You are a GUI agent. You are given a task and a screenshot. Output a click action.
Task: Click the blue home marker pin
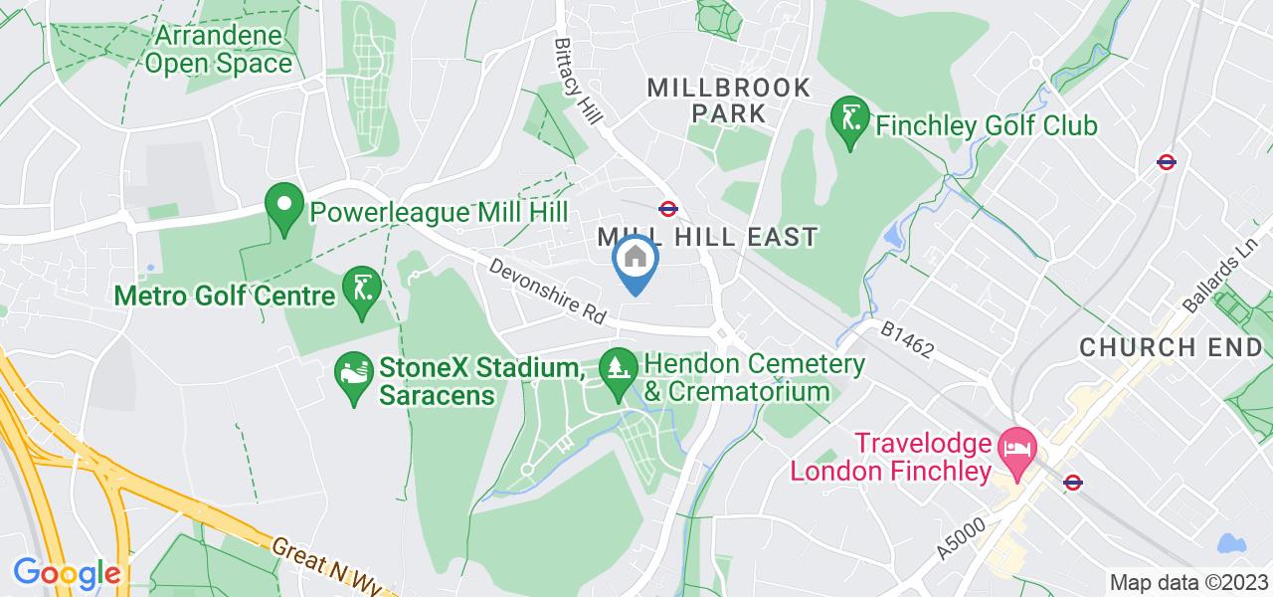point(636,261)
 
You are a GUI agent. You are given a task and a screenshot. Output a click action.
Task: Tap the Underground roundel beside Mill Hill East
point(668,209)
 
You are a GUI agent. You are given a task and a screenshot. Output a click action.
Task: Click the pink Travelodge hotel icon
point(1016,444)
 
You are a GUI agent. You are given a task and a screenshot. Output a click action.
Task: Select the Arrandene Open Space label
point(224,50)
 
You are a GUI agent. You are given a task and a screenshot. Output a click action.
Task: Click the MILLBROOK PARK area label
point(729,99)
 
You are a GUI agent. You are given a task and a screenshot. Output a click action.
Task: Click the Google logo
point(66,574)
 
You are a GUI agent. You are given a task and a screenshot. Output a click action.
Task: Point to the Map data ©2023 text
point(1188,583)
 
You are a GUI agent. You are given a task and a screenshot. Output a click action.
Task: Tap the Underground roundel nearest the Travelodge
point(1072,483)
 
